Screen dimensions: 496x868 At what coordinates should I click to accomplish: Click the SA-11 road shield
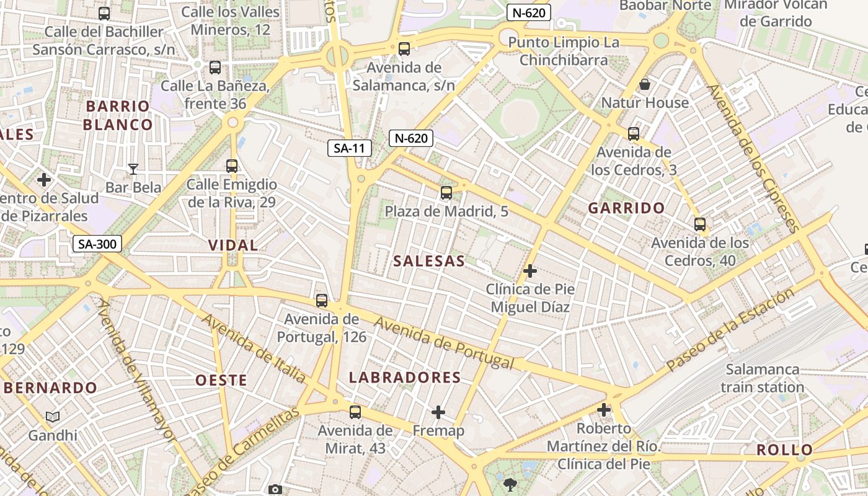click(350, 148)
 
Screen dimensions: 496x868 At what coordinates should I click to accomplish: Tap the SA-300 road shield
click(97, 244)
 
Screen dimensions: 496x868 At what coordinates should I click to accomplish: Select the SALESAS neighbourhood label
click(428, 261)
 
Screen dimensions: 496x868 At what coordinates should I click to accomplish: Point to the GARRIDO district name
click(626, 208)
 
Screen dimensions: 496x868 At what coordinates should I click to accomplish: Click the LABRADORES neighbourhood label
click(405, 378)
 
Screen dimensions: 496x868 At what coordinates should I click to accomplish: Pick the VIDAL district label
click(233, 245)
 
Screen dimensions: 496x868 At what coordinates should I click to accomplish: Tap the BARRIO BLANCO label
click(118, 115)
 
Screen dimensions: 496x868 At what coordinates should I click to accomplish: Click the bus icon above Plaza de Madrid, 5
click(446, 193)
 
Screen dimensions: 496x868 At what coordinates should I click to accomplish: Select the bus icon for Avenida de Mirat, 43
click(355, 412)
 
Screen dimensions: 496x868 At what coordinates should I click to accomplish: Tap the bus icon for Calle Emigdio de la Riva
click(232, 166)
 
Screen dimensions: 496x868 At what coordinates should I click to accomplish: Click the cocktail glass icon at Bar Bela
click(133, 169)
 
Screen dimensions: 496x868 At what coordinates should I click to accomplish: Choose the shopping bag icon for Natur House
click(645, 84)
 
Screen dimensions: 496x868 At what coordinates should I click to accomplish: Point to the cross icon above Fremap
click(438, 412)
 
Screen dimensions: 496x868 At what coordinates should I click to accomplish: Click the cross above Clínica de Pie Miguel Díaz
click(530, 271)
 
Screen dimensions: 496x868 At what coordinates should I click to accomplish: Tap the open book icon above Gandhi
click(53, 417)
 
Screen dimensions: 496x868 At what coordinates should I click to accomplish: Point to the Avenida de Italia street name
click(254, 348)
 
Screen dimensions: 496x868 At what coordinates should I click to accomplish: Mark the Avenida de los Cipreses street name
click(751, 159)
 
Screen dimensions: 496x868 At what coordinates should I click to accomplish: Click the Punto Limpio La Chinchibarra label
click(564, 51)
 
